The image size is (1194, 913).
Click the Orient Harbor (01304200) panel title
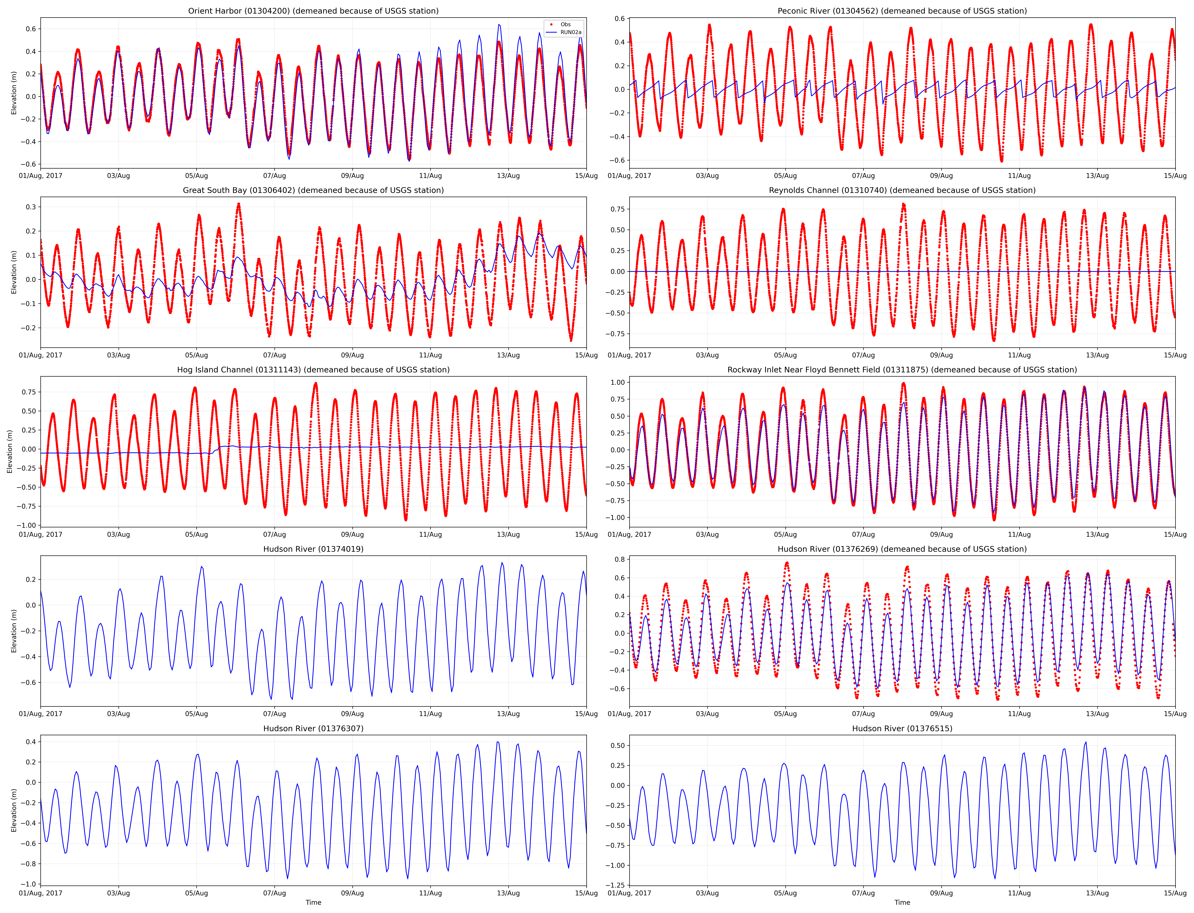[x=313, y=11]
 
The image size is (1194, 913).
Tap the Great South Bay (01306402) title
[x=313, y=190]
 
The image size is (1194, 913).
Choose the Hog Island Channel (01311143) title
[x=313, y=370]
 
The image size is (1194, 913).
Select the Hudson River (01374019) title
[x=313, y=549]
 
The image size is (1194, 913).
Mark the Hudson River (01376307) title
[x=313, y=728]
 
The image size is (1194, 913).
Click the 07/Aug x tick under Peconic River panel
[x=863, y=176]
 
